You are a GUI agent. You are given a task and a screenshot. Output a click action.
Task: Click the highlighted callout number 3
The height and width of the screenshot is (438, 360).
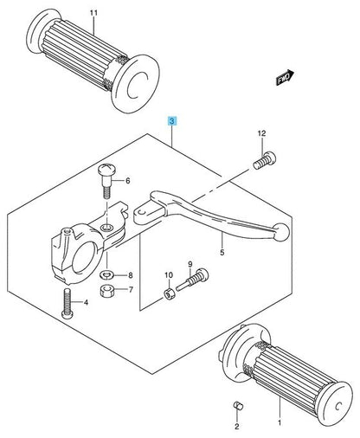tap(172, 123)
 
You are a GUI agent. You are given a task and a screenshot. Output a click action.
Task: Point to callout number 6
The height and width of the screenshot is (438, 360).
tap(127, 181)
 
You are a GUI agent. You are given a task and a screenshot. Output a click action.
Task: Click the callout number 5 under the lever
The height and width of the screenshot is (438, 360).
tap(222, 253)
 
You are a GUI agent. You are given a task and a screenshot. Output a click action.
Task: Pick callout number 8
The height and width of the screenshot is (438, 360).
tap(131, 274)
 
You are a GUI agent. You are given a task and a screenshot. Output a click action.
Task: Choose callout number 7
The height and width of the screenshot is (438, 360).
tap(131, 290)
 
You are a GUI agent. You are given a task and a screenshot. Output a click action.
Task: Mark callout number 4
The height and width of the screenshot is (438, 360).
tap(87, 302)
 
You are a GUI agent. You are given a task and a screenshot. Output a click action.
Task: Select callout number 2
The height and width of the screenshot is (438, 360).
tap(235, 427)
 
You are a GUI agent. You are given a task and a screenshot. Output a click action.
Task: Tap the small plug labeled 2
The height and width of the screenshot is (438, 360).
tap(235, 407)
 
